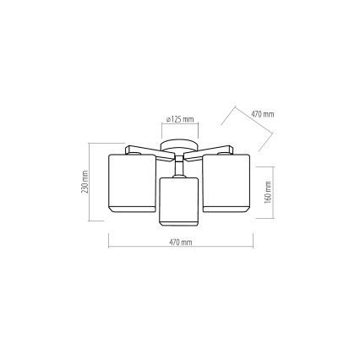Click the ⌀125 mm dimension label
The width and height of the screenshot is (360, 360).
tap(180, 119)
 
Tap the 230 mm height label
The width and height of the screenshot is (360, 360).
tap(85, 182)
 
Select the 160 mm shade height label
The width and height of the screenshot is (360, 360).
tap(268, 192)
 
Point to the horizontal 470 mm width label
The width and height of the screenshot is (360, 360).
tap(181, 242)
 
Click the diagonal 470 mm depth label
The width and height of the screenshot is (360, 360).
tap(263, 114)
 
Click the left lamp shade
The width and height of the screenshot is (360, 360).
tap(132, 183)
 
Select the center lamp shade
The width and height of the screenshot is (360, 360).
tap(179, 201)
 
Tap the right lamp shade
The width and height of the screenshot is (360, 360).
tap(226, 183)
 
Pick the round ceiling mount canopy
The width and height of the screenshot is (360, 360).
tap(179, 145)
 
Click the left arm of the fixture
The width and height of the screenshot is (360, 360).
tap(150, 152)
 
